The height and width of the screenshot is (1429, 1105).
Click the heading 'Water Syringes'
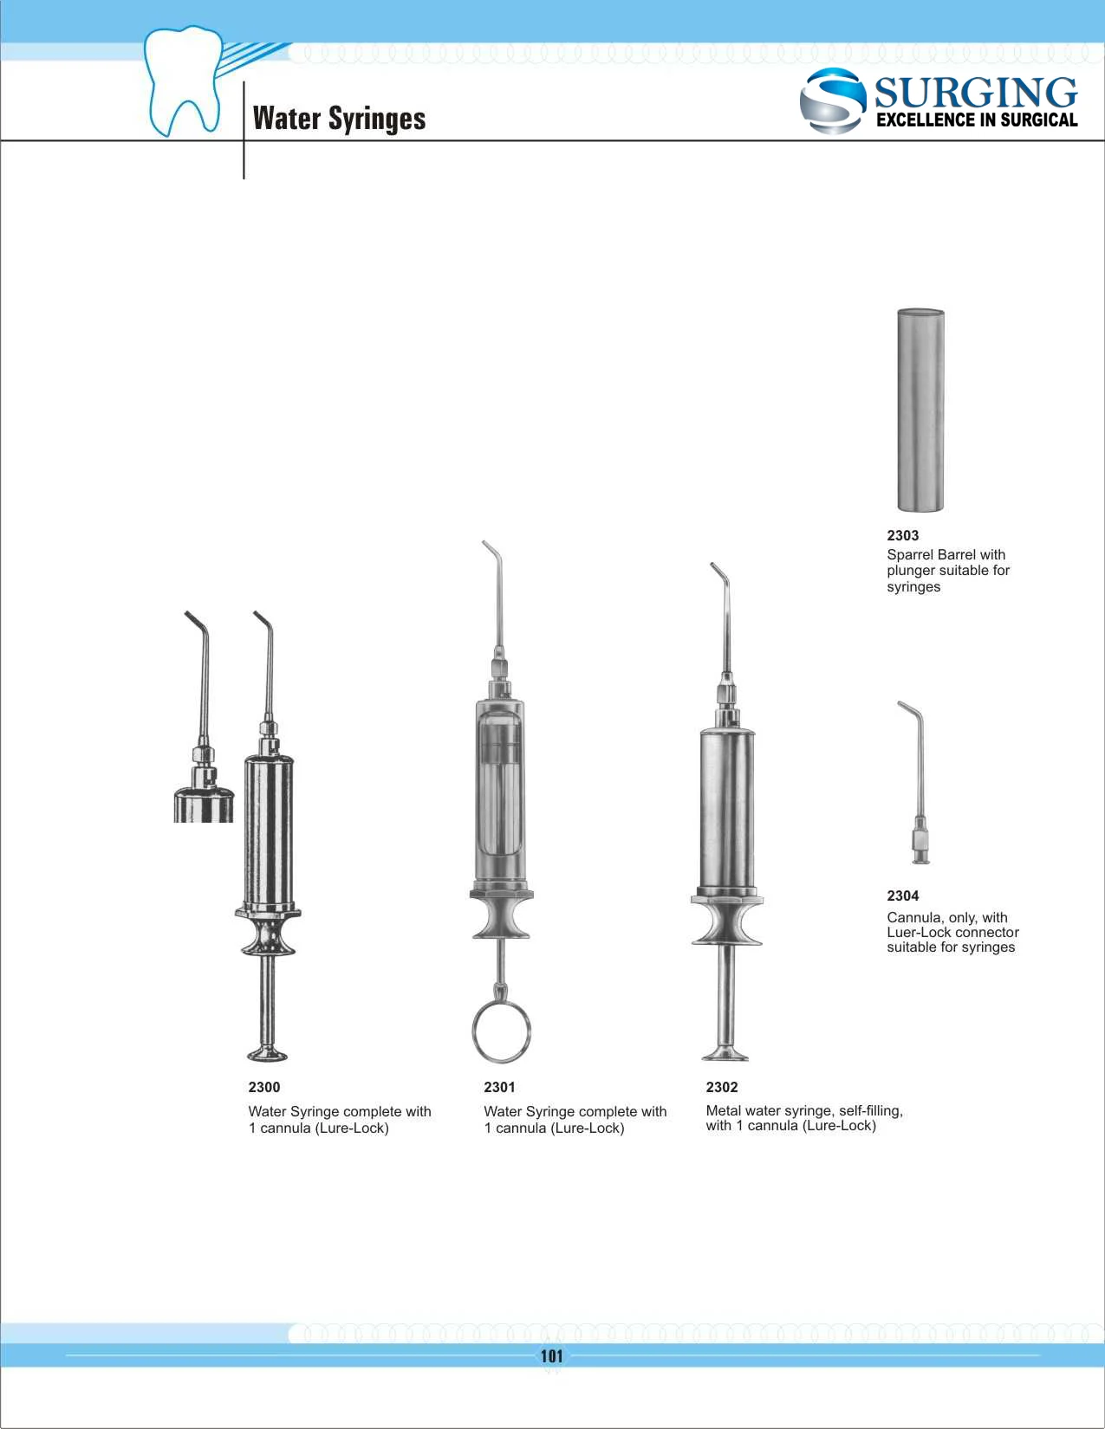pyautogui.click(x=339, y=118)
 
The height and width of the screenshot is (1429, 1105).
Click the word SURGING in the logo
pyautogui.click(x=975, y=92)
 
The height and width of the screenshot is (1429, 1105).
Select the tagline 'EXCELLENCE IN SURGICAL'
pyautogui.click(x=977, y=120)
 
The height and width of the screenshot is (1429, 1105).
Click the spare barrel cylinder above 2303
pyautogui.click(x=920, y=410)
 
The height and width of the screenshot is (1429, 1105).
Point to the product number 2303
pyautogui.click(x=902, y=535)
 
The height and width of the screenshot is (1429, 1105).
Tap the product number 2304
pyautogui.click(x=902, y=896)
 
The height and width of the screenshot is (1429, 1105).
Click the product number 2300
pyautogui.click(x=263, y=1087)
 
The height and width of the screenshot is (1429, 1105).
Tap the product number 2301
pyautogui.click(x=499, y=1087)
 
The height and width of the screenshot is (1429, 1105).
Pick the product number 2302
pyautogui.click(x=721, y=1087)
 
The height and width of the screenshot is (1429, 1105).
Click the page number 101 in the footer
pyautogui.click(x=552, y=1356)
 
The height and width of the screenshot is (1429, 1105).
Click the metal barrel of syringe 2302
pyautogui.click(x=726, y=805)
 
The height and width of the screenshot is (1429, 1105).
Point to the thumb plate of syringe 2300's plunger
pyautogui.click(x=267, y=1053)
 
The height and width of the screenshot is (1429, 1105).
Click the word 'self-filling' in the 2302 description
pyautogui.click(x=869, y=1110)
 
